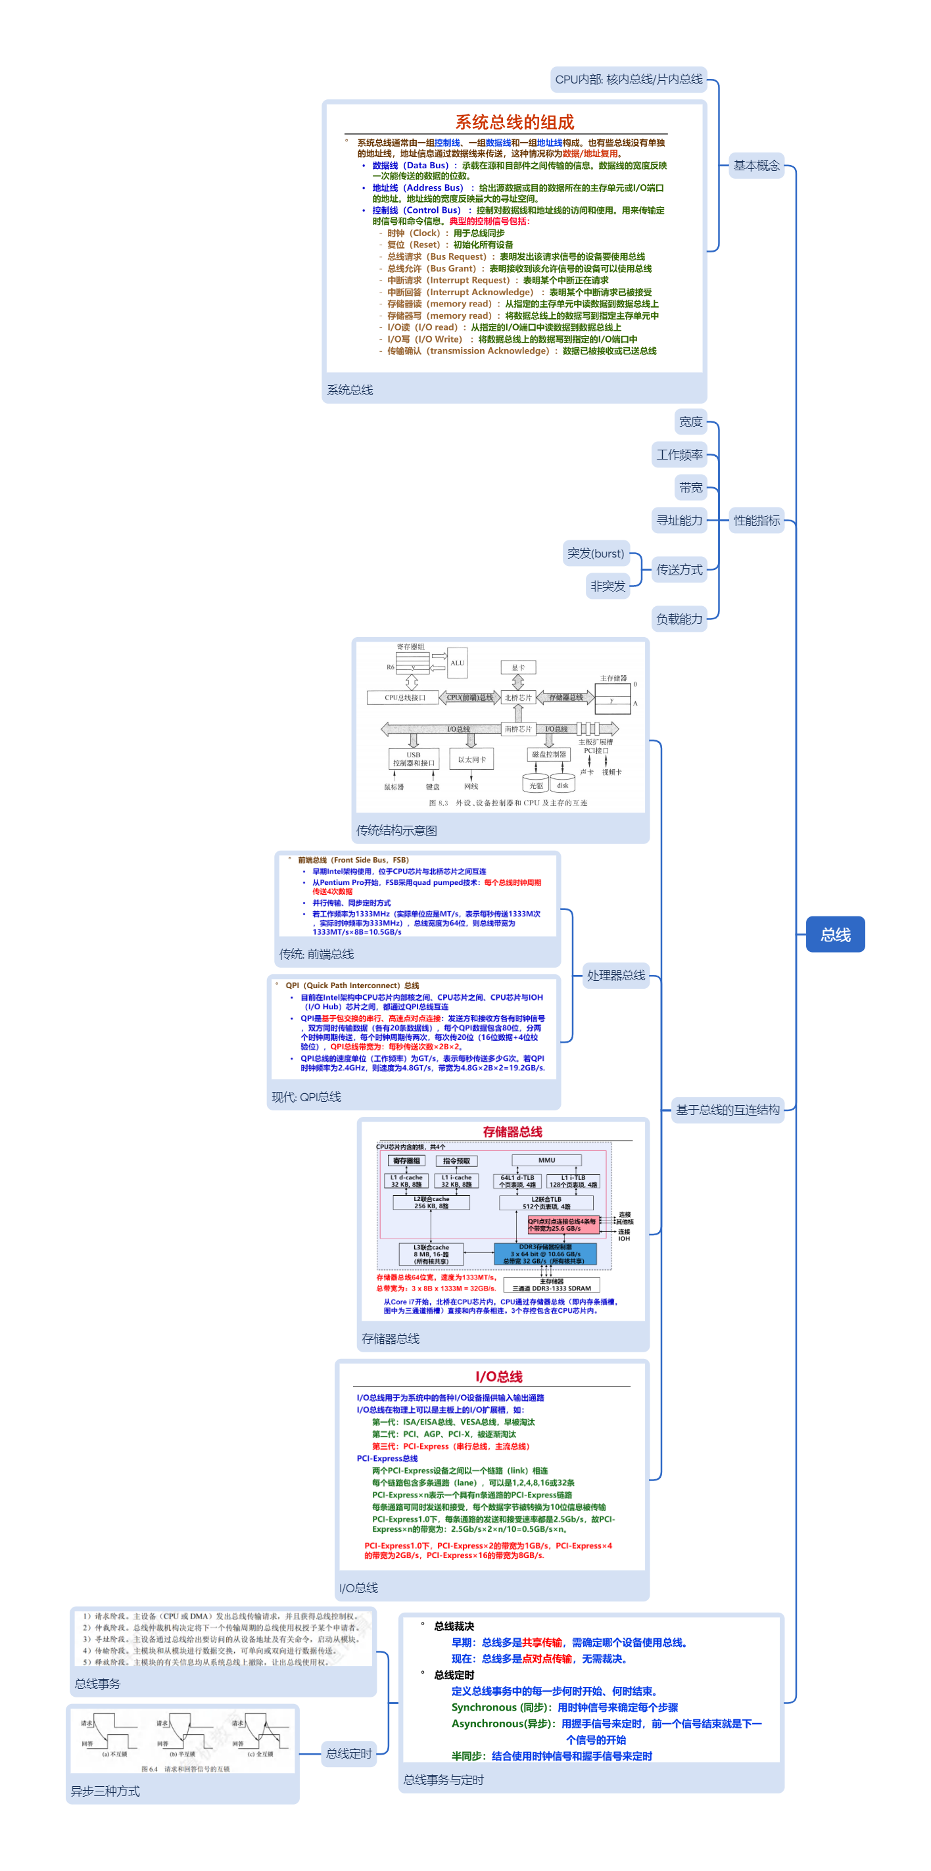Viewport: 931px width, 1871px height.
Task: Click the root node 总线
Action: (x=834, y=934)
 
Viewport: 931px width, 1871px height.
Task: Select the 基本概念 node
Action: (x=756, y=166)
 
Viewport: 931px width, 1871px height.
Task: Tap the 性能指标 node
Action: (x=756, y=520)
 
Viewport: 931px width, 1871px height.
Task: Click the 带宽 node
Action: (x=690, y=487)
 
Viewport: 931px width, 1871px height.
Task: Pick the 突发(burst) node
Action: (x=596, y=554)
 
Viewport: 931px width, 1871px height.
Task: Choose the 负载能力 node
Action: (x=679, y=619)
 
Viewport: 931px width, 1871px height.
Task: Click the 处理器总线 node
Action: (x=616, y=975)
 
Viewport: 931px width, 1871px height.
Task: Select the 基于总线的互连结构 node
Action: (x=727, y=1109)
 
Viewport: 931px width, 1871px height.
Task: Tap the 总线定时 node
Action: (x=348, y=1753)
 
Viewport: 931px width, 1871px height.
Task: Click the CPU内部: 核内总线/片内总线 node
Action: (x=628, y=79)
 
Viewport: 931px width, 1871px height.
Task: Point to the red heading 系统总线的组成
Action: (x=514, y=122)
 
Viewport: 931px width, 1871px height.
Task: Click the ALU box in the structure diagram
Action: (x=457, y=663)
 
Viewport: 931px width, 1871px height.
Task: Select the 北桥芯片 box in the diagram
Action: (x=518, y=698)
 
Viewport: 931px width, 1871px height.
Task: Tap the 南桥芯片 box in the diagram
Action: (x=518, y=728)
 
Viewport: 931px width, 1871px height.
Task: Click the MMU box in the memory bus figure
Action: (x=546, y=1160)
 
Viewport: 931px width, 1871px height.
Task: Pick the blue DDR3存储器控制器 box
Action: (x=544, y=1254)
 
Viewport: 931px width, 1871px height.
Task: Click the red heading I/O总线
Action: (x=499, y=1377)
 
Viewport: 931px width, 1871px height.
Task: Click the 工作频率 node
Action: (x=679, y=455)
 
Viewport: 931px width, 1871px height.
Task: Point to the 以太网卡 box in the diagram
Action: (x=471, y=759)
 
